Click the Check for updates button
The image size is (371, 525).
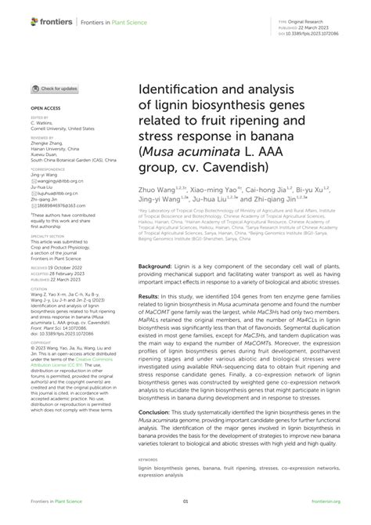click(x=55, y=90)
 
